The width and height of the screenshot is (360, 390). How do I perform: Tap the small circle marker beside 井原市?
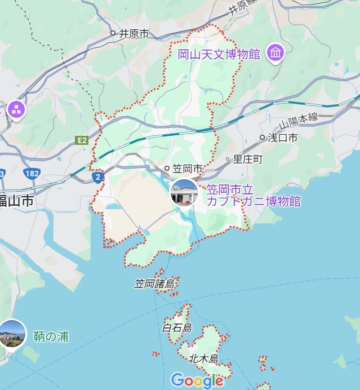[113, 33]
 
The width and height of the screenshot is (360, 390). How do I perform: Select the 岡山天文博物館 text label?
[219, 55]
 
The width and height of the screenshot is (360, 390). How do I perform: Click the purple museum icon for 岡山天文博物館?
[275, 53]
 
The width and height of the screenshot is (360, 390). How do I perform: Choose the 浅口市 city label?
[282, 137]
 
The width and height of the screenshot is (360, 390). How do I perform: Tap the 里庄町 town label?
[248, 159]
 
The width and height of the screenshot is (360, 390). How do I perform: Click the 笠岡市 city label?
[187, 169]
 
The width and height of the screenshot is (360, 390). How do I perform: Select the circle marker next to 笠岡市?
[167, 168]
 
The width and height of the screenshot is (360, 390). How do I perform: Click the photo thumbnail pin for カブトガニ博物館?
[184, 193]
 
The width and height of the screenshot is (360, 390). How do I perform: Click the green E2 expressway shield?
[82, 140]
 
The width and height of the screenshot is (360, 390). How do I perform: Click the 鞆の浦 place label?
[51, 336]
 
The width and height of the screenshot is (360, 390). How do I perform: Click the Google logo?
[197, 380]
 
